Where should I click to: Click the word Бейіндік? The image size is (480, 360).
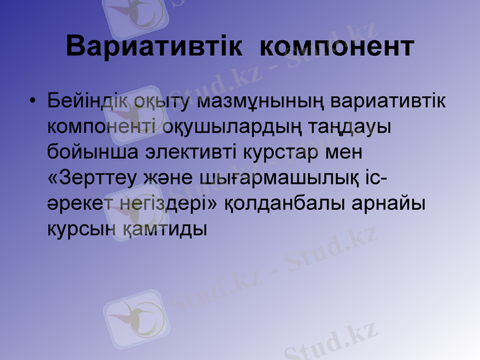89,101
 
